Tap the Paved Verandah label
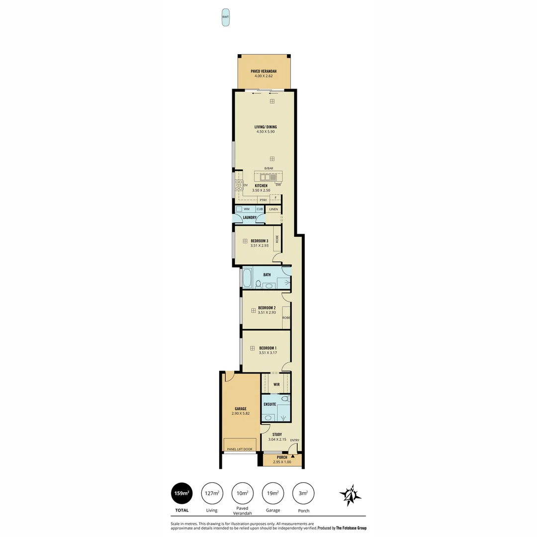tap(264, 72)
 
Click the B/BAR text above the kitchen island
tap(268, 169)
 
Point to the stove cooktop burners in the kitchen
tap(239, 185)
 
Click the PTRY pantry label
tap(263, 200)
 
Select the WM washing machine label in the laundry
tap(247, 209)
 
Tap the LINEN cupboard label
tap(273, 209)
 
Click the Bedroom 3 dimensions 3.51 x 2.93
tap(260, 246)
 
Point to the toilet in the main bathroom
tap(258, 284)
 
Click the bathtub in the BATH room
tap(247, 278)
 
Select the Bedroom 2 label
tap(267, 308)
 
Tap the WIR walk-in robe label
tap(276, 384)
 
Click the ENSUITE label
tap(269, 404)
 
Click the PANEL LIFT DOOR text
tap(240, 449)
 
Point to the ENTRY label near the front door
tap(295, 440)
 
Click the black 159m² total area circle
tap(181, 493)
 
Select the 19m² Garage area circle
tap(273, 493)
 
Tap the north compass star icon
tap(350, 495)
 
